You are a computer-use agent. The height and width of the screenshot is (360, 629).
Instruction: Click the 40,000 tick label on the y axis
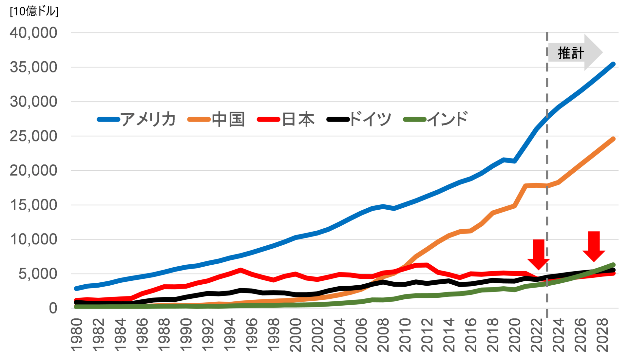(x=33, y=33)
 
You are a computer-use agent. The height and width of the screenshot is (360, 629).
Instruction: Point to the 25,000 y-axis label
(x=33, y=136)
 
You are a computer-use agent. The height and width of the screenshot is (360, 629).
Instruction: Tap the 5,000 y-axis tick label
(x=38, y=274)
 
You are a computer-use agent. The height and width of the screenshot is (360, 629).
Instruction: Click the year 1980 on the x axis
(x=77, y=334)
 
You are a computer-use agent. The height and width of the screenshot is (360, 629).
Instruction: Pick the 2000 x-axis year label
(x=295, y=334)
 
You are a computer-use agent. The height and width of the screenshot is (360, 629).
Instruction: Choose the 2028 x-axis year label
(x=602, y=334)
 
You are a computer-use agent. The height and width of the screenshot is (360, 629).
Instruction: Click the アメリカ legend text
(x=148, y=119)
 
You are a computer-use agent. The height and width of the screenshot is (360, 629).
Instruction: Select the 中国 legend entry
(x=228, y=119)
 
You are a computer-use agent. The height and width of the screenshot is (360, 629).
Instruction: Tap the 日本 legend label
(x=298, y=119)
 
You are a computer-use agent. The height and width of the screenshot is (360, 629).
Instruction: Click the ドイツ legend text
(x=370, y=119)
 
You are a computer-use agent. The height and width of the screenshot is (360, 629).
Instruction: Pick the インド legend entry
(x=448, y=119)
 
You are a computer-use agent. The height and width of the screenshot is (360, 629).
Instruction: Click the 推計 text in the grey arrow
(x=571, y=53)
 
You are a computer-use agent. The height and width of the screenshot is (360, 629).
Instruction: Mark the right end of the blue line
(x=613, y=64)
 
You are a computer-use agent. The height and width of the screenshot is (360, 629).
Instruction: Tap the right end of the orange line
(x=613, y=139)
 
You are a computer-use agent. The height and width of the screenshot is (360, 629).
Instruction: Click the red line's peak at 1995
(x=241, y=270)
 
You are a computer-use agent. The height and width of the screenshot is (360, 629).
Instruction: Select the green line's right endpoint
(x=613, y=265)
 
